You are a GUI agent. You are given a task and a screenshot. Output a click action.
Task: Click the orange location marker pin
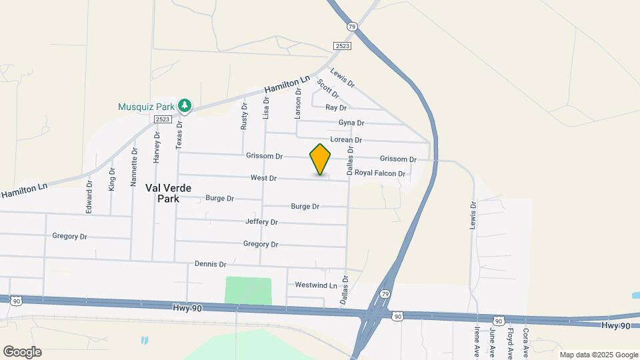[321, 159]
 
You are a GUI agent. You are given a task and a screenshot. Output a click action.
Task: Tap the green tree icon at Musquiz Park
[185, 105]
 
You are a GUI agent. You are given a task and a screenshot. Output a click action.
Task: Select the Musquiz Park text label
[145, 107]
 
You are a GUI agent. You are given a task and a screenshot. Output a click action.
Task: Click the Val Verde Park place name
[169, 193]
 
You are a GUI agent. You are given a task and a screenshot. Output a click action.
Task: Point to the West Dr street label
[263, 178]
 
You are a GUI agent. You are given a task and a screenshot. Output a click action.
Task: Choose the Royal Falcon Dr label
[380, 173]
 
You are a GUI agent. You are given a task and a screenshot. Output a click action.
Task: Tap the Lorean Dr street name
[346, 140]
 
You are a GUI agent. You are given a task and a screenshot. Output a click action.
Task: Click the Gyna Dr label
[351, 123]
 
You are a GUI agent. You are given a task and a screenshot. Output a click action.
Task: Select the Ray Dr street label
[336, 107]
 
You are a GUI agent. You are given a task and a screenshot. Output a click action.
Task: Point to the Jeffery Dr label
[261, 221]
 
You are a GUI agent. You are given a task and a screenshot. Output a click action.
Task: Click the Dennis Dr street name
[211, 264]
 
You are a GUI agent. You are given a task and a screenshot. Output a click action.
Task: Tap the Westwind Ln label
[317, 285]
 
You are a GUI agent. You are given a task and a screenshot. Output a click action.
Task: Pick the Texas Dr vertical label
[179, 135]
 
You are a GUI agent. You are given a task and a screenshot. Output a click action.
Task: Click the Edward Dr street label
[89, 196]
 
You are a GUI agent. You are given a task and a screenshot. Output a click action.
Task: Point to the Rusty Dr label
[244, 116]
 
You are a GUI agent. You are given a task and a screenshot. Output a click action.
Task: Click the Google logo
[22, 352]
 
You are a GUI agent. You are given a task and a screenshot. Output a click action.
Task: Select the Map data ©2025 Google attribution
[599, 355]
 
